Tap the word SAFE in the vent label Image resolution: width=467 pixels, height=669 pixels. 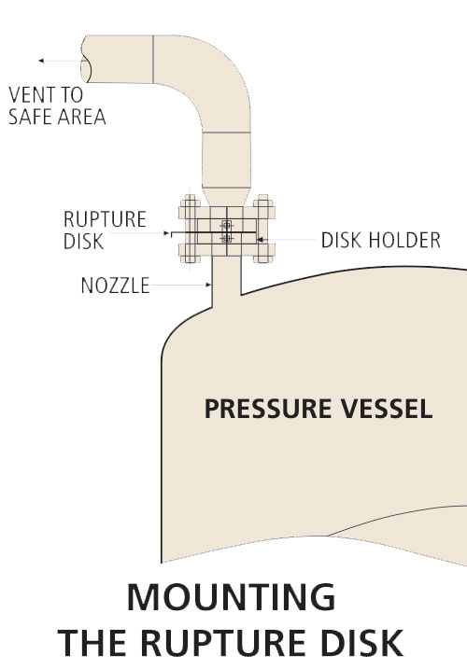28,117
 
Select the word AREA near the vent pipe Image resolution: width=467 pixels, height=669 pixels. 81,117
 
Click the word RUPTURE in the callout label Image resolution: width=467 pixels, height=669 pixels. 105,219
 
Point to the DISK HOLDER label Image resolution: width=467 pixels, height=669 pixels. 381,240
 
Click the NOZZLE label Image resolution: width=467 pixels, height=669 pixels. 116,286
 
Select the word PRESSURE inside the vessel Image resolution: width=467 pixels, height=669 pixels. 268,409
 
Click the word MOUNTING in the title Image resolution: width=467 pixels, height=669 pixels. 231,597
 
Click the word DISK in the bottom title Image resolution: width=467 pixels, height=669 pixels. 362,643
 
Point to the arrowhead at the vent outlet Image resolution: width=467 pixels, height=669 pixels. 41,61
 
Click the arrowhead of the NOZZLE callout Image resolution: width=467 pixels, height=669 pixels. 208,285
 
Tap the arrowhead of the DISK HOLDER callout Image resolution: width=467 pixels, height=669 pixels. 260,240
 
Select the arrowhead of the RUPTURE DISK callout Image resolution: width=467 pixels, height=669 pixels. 166,233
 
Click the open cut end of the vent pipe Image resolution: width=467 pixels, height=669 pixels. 85,60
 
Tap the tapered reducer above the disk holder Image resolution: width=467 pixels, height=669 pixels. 226,197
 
